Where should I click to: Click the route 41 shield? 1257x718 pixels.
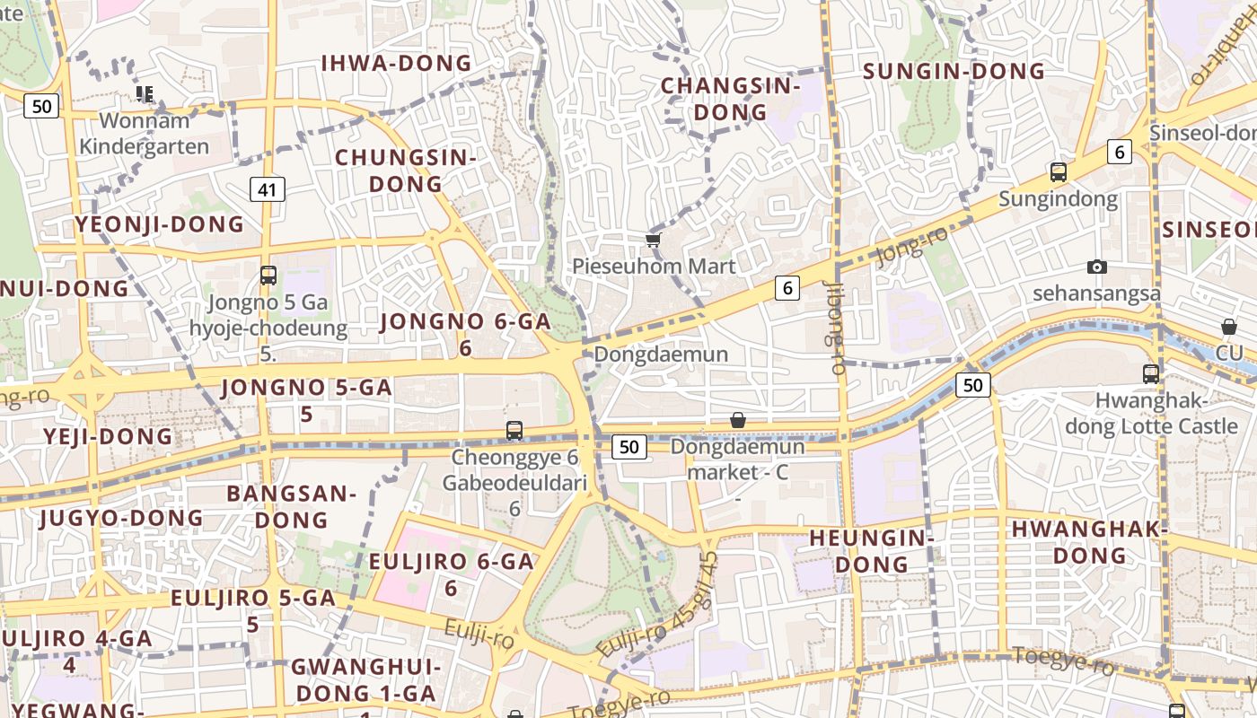tap(268, 188)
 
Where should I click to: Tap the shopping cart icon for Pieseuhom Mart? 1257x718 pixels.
tap(653, 240)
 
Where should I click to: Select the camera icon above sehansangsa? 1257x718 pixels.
tap(1096, 267)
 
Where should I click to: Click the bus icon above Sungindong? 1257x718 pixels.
tap(1059, 171)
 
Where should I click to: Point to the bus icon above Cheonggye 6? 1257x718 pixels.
tap(514, 431)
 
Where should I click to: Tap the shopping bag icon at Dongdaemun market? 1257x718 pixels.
tap(738, 420)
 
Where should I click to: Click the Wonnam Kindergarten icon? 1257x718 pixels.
tap(145, 93)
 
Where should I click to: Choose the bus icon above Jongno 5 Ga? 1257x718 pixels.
tap(268, 276)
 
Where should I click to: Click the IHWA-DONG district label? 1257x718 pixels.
tap(396, 63)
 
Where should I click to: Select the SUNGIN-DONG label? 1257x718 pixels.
tap(954, 71)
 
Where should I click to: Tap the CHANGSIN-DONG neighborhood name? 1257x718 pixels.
tap(730, 99)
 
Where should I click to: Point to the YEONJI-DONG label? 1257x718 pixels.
tap(160, 224)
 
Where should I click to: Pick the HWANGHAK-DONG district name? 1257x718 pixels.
tap(1089, 542)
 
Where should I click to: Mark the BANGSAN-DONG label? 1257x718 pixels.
tap(291, 506)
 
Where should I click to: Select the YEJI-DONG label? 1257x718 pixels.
tap(108, 437)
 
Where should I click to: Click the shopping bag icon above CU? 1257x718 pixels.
tap(1228, 327)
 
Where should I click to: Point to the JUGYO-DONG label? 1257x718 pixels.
tap(121, 518)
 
